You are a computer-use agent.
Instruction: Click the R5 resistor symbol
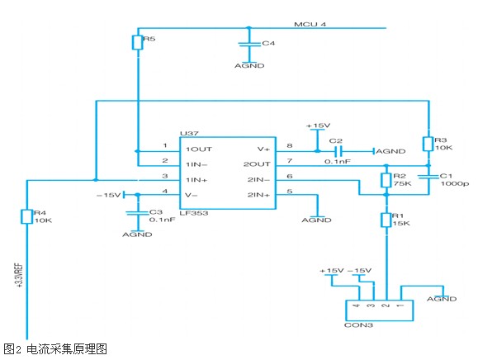click(138, 42)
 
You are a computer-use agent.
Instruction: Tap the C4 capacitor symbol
click(249, 45)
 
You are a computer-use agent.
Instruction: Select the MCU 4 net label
click(310, 24)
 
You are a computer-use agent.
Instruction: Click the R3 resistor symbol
click(428, 144)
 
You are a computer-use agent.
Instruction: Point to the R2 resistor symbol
click(386, 180)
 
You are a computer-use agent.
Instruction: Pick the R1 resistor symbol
click(386, 220)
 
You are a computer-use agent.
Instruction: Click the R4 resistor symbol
click(26, 216)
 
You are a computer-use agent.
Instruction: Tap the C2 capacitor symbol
click(338, 151)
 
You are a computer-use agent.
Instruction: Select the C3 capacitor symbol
click(138, 213)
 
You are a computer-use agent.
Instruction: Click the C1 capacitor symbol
click(428, 176)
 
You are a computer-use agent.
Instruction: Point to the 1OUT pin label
click(199, 149)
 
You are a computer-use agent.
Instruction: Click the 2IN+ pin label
click(258, 195)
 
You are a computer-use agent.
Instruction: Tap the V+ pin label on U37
click(263, 149)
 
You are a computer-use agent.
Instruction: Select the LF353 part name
click(194, 213)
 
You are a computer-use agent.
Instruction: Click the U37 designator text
click(189, 133)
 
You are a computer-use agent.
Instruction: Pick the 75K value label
click(402, 183)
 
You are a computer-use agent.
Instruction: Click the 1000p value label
click(455, 183)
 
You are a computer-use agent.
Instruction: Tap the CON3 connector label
click(358, 325)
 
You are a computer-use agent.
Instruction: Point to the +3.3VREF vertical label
click(19, 275)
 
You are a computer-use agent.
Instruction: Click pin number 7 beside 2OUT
click(290, 160)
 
